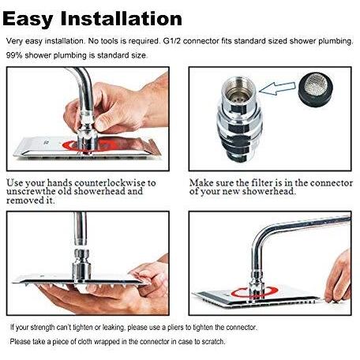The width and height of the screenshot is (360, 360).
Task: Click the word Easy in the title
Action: coord(28,19)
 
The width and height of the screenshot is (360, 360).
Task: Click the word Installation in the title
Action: coord(121,18)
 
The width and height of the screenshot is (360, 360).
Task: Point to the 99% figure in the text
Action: coord(14,55)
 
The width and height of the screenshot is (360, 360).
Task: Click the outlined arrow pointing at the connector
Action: coord(277,88)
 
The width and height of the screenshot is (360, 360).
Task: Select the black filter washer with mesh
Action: coord(316,89)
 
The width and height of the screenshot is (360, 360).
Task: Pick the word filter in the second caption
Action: coord(262,182)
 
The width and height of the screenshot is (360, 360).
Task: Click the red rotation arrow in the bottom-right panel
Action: coord(254,292)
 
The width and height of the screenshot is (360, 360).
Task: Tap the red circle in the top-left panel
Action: coord(87,146)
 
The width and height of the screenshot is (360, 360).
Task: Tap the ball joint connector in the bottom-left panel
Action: coord(81,255)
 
